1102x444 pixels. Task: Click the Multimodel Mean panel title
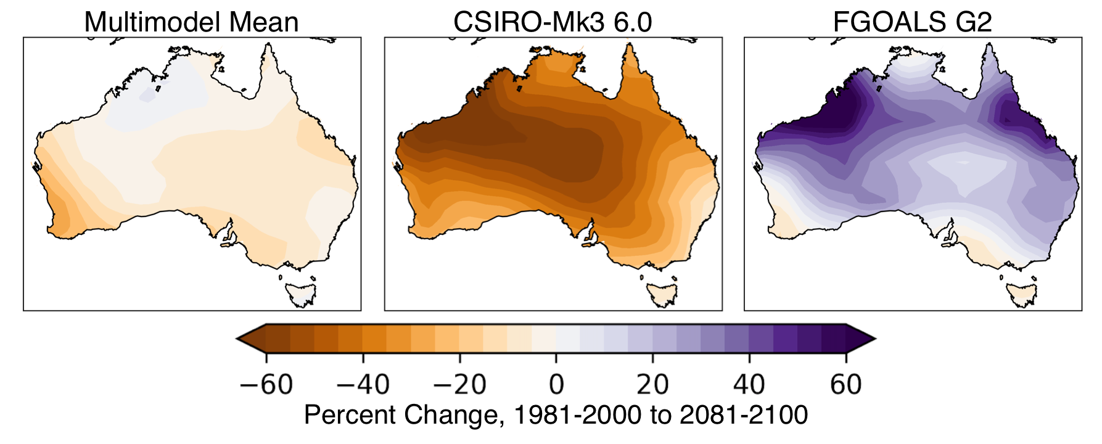(x=191, y=22)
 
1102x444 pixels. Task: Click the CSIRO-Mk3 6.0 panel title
(x=553, y=22)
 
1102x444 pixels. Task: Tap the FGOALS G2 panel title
(x=912, y=22)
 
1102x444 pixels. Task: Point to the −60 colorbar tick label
(x=266, y=385)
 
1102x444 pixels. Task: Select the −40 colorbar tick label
(x=363, y=385)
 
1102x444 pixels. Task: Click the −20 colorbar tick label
(x=459, y=385)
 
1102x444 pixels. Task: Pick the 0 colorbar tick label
(x=556, y=385)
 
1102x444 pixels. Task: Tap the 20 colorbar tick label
(x=652, y=385)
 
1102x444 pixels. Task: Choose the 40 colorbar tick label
(x=749, y=385)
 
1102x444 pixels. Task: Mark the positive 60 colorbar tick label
(x=845, y=385)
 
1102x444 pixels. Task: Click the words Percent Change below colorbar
(x=400, y=415)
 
